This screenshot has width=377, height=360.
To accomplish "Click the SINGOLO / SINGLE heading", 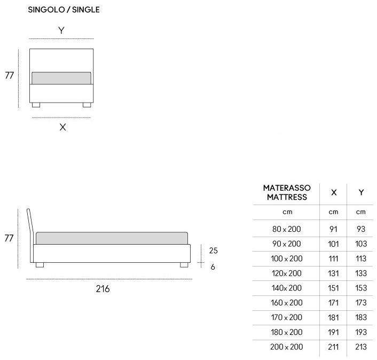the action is tap(64, 10).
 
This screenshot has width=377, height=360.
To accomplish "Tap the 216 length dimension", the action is tap(103, 289).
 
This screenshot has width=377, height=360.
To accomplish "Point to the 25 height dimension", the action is tap(213, 251).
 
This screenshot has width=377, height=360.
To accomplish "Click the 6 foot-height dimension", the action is tap(213, 267).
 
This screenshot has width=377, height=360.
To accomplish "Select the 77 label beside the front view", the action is tap(10, 75).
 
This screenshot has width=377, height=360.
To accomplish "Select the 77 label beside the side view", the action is tap(9, 238).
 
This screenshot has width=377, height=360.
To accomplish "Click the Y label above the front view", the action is tap(61, 30).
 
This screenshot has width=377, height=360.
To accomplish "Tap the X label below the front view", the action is tap(62, 127).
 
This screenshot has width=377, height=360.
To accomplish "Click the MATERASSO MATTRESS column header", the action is tap(287, 192).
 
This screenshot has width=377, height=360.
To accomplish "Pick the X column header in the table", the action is tap(334, 192).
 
